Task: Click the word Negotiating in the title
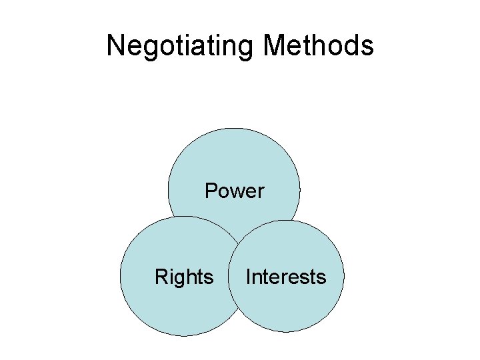click(x=181, y=46)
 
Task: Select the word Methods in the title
click(x=318, y=46)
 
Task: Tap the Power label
click(x=234, y=191)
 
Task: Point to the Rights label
click(x=184, y=277)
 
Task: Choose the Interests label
click(x=286, y=277)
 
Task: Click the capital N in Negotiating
click(x=116, y=45)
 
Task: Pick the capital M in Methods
click(x=275, y=45)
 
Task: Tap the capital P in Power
click(x=211, y=191)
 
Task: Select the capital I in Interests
click(x=248, y=277)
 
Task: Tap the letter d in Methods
click(x=350, y=45)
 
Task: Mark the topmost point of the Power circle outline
click(x=234, y=128)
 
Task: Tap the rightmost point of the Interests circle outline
click(x=344, y=276)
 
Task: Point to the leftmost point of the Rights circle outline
click(x=120, y=276)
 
